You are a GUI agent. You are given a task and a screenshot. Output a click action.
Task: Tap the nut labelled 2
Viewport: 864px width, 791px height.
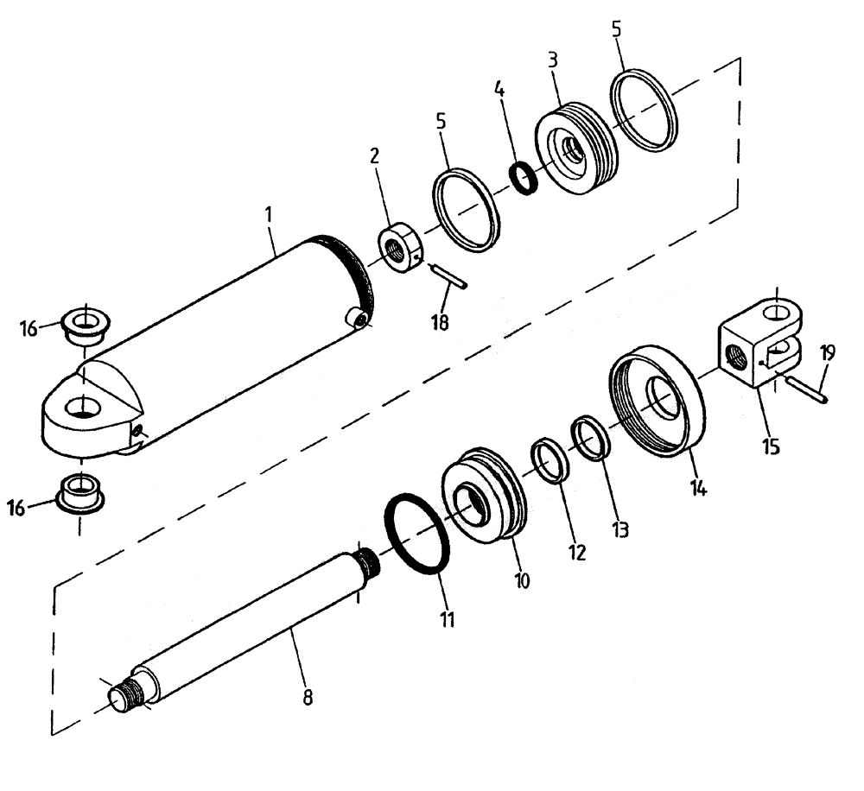[402, 250]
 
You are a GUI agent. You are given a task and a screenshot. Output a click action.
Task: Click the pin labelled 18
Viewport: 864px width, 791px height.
[448, 276]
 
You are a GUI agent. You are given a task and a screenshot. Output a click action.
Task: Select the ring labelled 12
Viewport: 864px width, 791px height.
[550, 462]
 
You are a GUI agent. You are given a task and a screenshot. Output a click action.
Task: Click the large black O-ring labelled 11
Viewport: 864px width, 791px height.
[417, 535]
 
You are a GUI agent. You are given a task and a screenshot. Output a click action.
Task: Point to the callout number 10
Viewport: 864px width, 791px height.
[521, 580]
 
